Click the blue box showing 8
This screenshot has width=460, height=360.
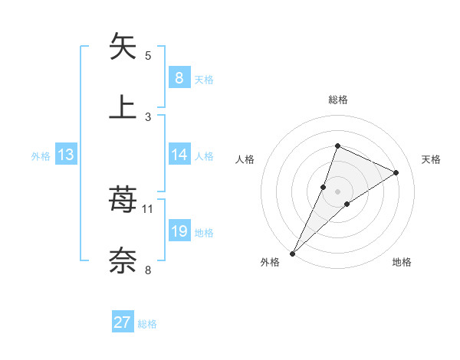click(x=179, y=77)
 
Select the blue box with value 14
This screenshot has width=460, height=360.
click(x=179, y=155)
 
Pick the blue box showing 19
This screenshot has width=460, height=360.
click(x=179, y=231)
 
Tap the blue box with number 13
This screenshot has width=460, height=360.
click(x=65, y=155)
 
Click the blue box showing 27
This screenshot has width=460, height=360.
click(x=123, y=322)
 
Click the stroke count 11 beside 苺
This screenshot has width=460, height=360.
click(x=148, y=208)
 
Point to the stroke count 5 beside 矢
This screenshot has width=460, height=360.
click(x=148, y=55)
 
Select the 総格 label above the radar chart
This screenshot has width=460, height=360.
click(x=337, y=100)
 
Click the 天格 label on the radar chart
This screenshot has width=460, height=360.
click(x=431, y=159)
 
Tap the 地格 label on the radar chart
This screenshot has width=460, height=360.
click(x=402, y=262)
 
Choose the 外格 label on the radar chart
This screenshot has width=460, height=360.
click(x=270, y=262)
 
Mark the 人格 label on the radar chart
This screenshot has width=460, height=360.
click(x=245, y=159)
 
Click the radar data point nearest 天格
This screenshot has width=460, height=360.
click(x=396, y=172)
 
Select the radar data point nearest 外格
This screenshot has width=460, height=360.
click(x=292, y=253)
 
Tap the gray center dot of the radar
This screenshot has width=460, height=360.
click(x=337, y=191)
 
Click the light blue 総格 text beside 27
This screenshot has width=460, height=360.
click(x=147, y=324)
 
